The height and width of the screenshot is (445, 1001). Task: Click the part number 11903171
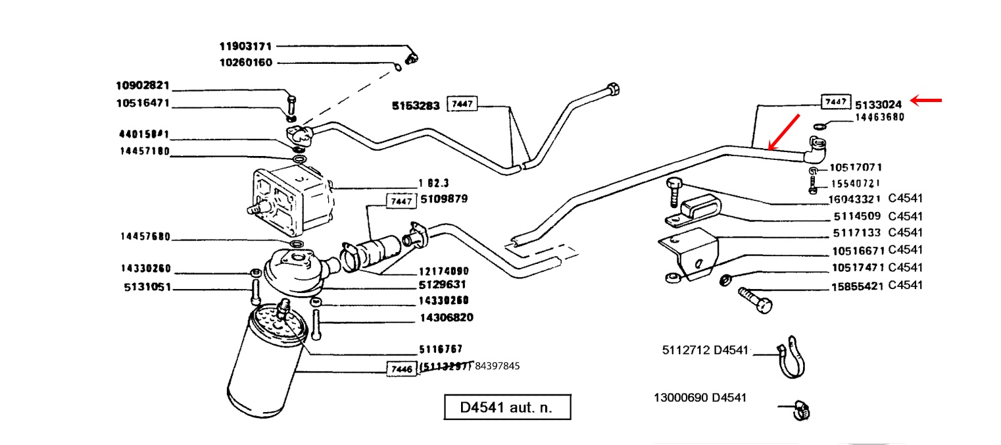(x=245, y=47)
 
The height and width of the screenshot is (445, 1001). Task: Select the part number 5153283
(x=416, y=105)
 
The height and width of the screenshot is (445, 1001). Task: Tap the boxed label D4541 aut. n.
(x=506, y=407)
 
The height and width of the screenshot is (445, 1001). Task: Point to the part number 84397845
(x=497, y=366)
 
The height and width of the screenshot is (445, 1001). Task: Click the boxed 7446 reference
(x=401, y=369)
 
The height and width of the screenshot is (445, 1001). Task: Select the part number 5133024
(x=877, y=104)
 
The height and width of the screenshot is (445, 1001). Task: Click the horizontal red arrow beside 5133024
(x=926, y=101)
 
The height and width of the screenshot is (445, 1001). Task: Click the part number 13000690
(x=681, y=398)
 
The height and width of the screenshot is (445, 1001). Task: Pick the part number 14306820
(x=446, y=318)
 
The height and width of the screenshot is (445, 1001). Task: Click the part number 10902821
(x=143, y=85)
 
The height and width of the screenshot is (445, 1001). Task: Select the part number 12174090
(x=444, y=271)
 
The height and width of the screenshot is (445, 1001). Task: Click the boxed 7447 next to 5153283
(x=462, y=105)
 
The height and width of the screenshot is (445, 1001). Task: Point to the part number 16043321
(x=854, y=199)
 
